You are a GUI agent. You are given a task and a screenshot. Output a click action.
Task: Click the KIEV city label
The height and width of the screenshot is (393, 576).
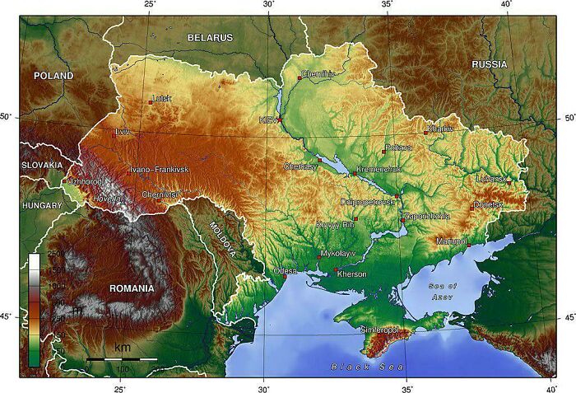pyautogui.click(x=268, y=120)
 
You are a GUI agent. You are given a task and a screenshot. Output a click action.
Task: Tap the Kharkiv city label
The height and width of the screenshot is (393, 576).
pyautogui.click(x=441, y=129)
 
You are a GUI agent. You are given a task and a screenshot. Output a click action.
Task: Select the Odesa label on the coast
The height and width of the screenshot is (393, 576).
pyautogui.click(x=286, y=270)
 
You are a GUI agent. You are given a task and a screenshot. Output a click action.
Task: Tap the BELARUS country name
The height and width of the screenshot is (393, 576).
pyautogui.click(x=210, y=38)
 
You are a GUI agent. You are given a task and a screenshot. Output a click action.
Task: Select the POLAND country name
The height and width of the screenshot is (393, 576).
pyautogui.click(x=53, y=76)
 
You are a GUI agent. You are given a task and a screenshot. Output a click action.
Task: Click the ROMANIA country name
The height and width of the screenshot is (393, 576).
pyautogui.click(x=132, y=288)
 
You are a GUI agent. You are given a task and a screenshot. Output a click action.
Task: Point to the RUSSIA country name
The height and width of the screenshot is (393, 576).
pyautogui.click(x=490, y=64)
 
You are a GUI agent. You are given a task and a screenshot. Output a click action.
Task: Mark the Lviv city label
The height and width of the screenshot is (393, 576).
pyautogui.click(x=123, y=132)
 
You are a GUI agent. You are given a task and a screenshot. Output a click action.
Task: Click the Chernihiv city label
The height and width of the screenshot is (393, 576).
pyautogui.click(x=318, y=74)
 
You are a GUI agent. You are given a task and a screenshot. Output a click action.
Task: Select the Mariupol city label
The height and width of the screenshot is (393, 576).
pyautogui.click(x=452, y=241)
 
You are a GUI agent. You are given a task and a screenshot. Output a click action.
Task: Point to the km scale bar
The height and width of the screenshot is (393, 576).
pyautogui.click(x=122, y=359)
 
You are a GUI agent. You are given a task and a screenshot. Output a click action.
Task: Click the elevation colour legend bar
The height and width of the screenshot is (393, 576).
pyautogui.click(x=34, y=309)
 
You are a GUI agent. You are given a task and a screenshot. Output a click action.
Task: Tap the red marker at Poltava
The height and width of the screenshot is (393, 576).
pyautogui.click(x=383, y=151)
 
